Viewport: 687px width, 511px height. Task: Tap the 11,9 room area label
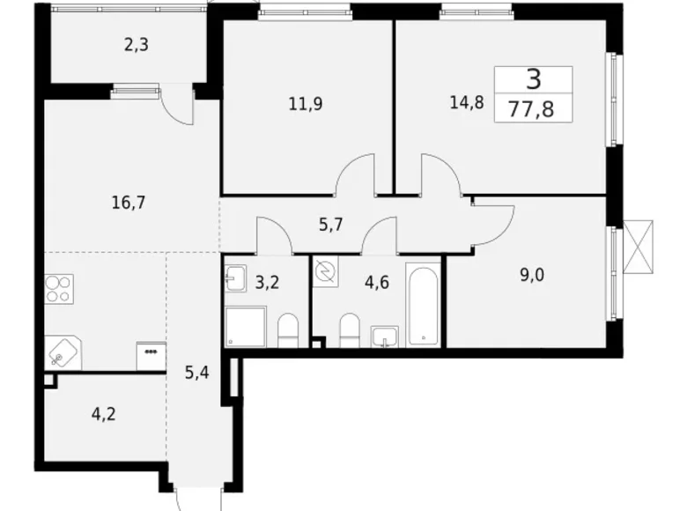click(305, 103)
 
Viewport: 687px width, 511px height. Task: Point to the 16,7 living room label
click(129, 202)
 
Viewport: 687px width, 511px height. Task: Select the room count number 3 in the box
click(534, 80)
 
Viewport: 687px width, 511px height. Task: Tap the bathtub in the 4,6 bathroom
click(424, 302)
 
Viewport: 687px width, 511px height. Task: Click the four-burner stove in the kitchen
click(58, 289)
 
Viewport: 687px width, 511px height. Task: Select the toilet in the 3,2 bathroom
click(289, 332)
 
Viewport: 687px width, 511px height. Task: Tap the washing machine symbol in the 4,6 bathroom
click(325, 273)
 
